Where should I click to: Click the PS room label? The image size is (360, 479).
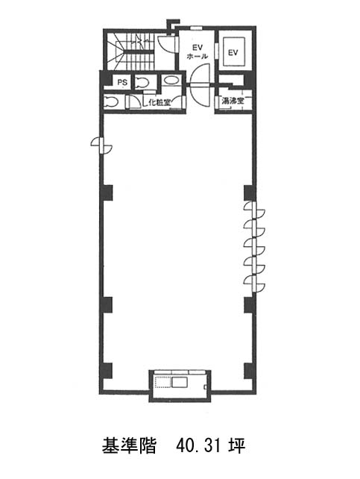tap(122, 83)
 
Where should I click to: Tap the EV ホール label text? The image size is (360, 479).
tap(197, 52)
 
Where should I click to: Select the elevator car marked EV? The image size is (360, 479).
tap(233, 51)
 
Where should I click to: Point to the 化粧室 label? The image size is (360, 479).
tap(159, 102)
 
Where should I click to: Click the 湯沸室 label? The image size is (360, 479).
tap(233, 101)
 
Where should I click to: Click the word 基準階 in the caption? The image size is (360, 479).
tap(129, 445)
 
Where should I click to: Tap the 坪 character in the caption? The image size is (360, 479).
tap(237, 445)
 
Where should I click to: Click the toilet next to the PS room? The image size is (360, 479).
tap(142, 83)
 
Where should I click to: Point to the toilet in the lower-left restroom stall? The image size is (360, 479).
tap(110, 101)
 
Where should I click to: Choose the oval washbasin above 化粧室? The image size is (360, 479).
tap(171, 81)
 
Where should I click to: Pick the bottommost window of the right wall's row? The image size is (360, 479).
tap(254, 284)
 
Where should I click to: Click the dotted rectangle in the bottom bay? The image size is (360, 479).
tap(163, 382)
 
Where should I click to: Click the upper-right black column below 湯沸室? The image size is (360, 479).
tap(250, 193)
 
